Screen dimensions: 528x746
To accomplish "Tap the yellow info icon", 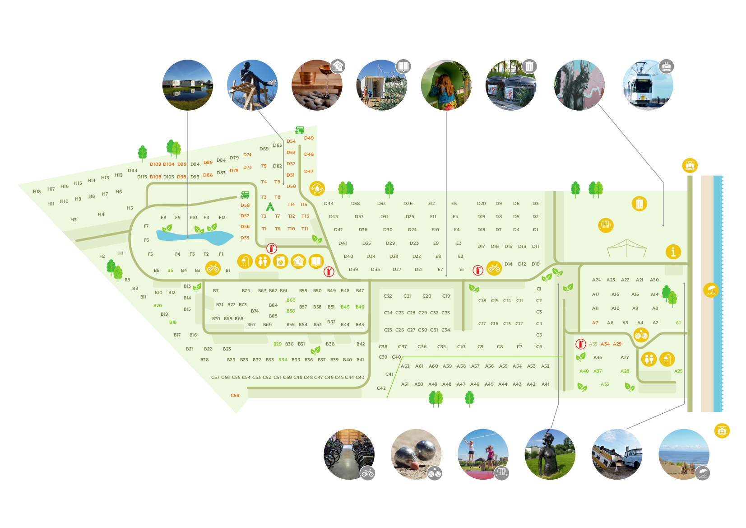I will point(673,252).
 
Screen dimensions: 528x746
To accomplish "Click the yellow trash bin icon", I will point(639,204).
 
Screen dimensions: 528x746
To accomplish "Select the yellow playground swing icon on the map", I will point(606,225).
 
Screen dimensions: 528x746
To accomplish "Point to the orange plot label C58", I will point(235,396).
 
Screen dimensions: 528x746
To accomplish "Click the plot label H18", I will point(37,192).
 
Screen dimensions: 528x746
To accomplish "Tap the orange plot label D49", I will point(309,138).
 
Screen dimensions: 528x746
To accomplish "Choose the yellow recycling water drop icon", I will point(317,188).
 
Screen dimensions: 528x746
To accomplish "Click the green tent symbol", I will point(270,206).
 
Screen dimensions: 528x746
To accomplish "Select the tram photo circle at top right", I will point(648,85).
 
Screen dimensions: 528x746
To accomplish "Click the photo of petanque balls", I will point(416,454).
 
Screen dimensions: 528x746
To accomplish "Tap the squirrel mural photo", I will point(579,85).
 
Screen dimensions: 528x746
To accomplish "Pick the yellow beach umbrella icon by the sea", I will point(711,290).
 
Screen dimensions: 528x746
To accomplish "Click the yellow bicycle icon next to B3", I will point(213,268).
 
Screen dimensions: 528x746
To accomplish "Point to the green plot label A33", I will point(605,384).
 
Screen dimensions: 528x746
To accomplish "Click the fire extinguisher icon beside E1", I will point(477,270).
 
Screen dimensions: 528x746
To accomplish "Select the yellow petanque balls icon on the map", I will point(641,335).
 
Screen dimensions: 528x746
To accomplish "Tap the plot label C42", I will point(381,388).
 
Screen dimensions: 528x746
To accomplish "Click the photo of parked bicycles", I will point(349,454).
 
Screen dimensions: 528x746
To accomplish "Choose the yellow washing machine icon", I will point(281,261).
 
